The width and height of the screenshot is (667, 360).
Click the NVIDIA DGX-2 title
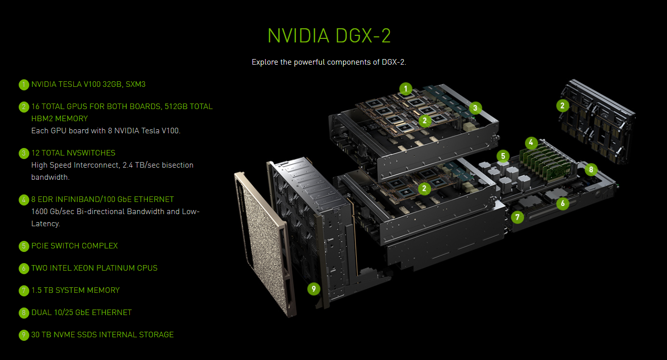pos(329,36)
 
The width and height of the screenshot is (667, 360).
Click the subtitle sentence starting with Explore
pos(329,62)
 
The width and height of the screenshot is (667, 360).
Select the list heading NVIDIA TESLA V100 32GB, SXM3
pos(88,84)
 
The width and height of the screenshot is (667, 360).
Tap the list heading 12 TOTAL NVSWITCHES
pos(73,153)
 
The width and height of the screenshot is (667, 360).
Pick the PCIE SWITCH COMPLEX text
pos(74,246)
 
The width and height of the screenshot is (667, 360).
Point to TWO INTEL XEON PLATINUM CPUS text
pos(94,268)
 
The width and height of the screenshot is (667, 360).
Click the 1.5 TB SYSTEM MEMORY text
pos(76,290)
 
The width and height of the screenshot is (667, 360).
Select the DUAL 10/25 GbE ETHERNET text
pos(81,313)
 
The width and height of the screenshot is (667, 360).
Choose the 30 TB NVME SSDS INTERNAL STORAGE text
pos(102,335)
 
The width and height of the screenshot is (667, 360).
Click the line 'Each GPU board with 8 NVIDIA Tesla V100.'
pos(106,131)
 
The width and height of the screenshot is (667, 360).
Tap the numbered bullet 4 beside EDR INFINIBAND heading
pos(24,200)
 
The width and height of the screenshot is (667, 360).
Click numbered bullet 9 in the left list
pos(24,335)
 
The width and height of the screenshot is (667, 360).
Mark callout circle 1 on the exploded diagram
pos(405,89)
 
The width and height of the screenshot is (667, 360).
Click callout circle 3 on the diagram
pos(475,108)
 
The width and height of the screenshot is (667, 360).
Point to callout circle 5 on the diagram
pos(502,156)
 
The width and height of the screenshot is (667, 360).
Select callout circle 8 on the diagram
pos(591,170)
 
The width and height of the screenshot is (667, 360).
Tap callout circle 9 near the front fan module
pos(314,289)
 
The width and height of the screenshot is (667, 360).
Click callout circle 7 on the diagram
pos(517,218)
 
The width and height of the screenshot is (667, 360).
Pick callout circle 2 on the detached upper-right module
pos(562,106)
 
